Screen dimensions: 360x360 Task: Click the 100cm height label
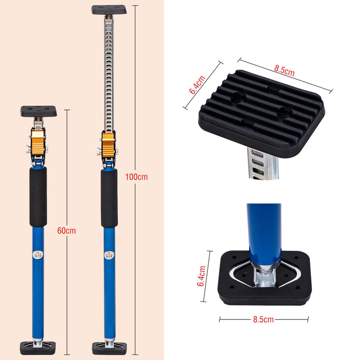(136, 177)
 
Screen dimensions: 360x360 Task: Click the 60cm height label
(67, 230)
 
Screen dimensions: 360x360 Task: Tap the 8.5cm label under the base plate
(263, 319)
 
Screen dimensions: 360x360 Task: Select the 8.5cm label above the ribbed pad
(284, 70)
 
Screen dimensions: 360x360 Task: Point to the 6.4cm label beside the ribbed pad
(197, 85)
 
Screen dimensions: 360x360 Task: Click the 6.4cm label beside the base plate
(201, 276)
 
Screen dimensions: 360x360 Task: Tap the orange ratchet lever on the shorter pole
(38, 142)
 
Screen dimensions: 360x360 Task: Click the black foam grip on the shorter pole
(38, 197)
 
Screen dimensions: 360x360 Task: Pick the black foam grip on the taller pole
(109, 198)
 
